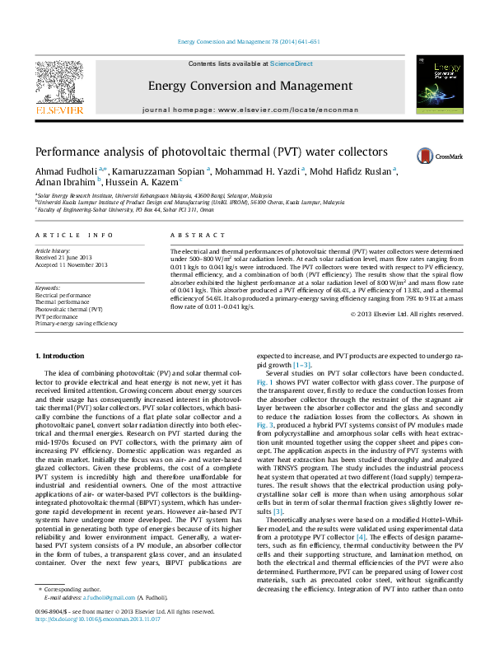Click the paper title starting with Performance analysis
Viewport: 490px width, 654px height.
tap(199, 152)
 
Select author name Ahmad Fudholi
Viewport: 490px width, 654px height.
tap(64, 171)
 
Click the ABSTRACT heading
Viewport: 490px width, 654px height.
tap(186, 235)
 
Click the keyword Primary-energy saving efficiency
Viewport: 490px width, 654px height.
tap(76, 324)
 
